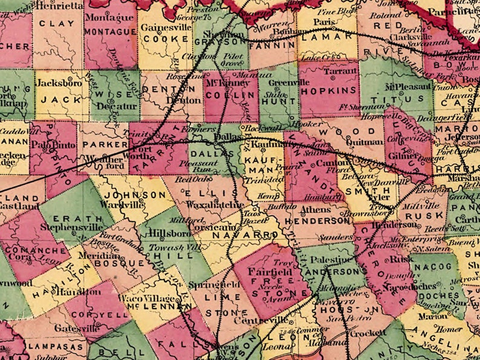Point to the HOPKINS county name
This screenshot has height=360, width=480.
[329, 90]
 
